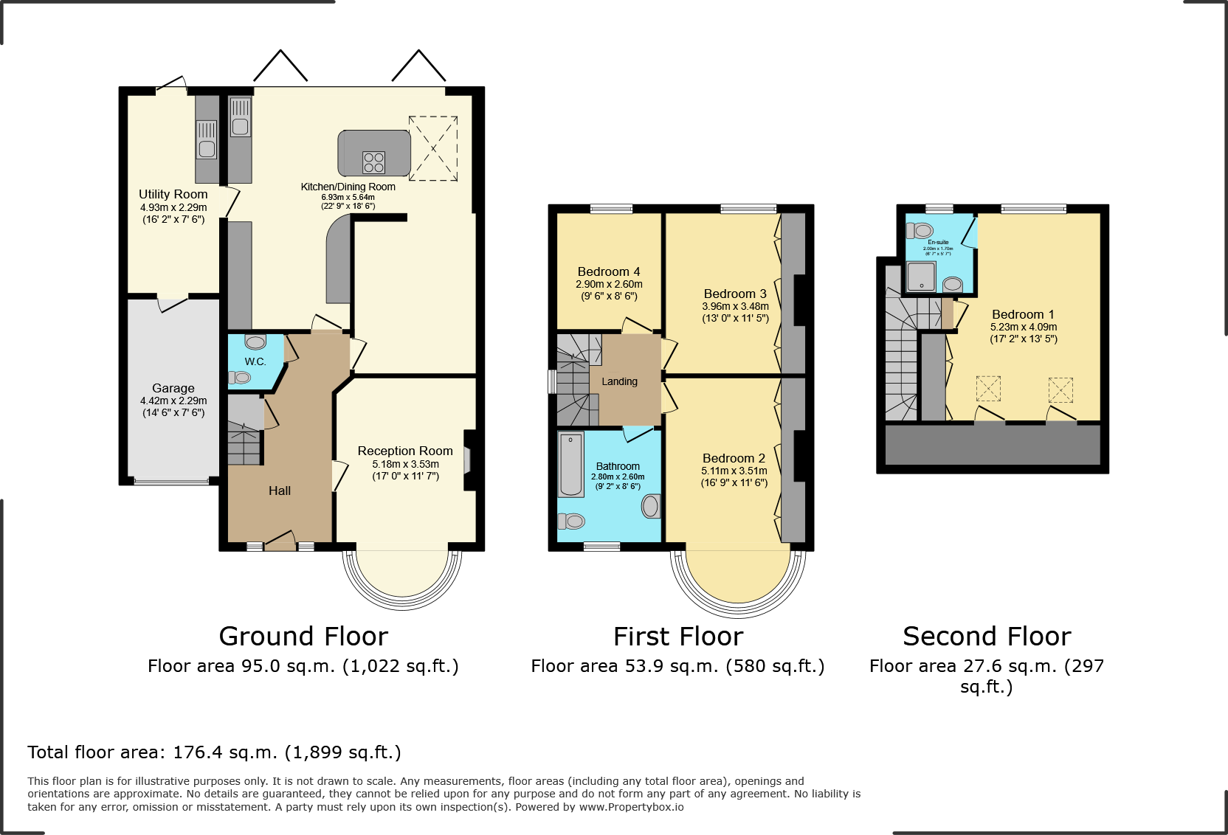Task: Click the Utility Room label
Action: pos(173,194)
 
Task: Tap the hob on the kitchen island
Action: pos(373,162)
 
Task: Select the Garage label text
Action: pos(173,388)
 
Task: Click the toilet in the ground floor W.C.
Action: pos(241,378)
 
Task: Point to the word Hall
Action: pos(279,491)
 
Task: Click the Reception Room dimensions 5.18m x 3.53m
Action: pos(405,464)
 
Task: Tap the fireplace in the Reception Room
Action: pos(467,460)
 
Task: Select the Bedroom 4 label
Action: pos(608,271)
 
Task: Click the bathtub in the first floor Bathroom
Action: pos(570,465)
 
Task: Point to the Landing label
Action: pos(619,381)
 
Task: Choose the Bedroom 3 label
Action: pos(734,294)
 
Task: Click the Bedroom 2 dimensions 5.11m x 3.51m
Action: pos(734,471)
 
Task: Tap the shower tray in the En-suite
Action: pos(921,277)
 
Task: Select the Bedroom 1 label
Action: pos(1023,314)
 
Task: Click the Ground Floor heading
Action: pos(303,636)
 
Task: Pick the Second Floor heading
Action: pos(987,636)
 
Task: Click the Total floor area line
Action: pos(214,752)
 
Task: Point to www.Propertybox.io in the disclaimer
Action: pos(631,807)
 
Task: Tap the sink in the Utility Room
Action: pos(207,139)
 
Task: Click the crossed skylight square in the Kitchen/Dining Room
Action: pos(433,148)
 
